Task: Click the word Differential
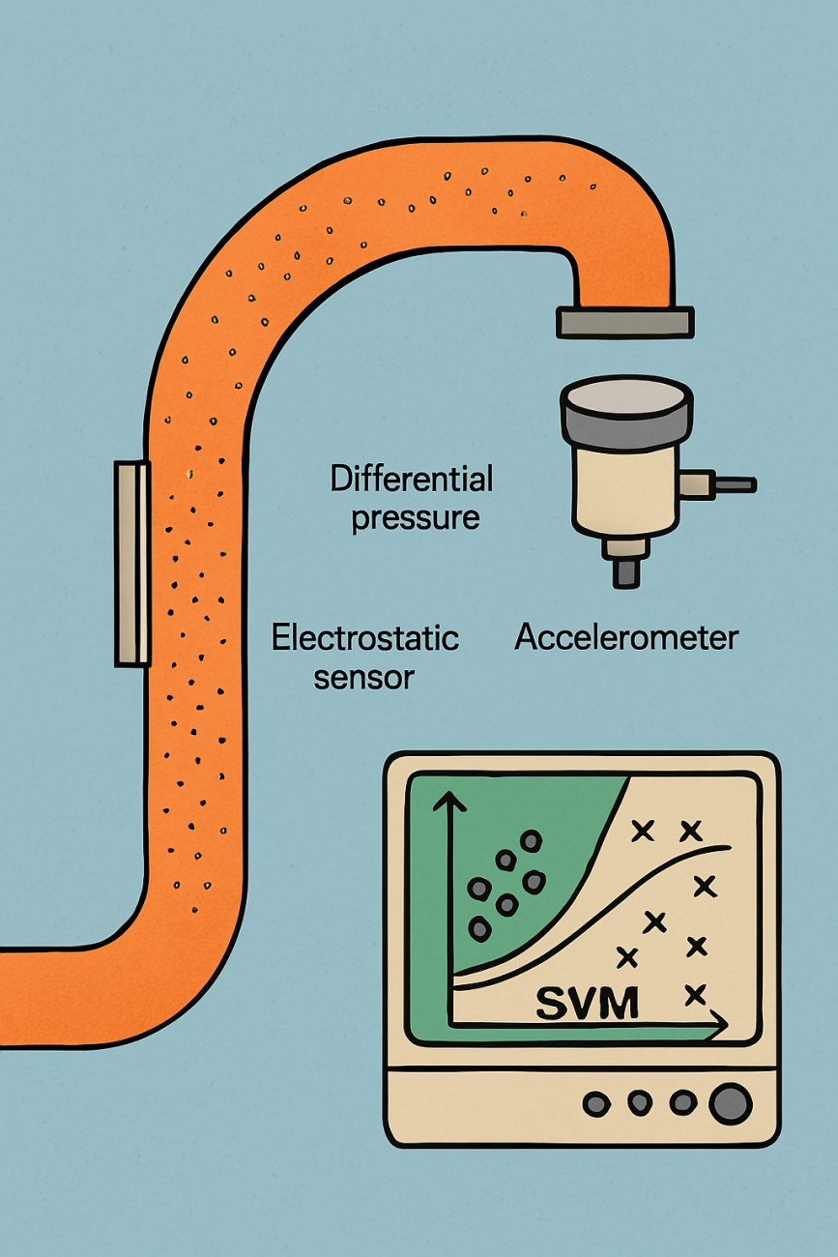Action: point(412,479)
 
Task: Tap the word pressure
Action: point(416,517)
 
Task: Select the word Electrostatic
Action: point(365,638)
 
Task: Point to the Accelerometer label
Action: point(626,637)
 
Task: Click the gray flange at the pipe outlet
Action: point(624,322)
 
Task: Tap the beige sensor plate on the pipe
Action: point(132,564)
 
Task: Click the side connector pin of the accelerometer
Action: point(734,482)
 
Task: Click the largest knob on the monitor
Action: point(730,1103)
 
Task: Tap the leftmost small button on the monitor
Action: point(596,1102)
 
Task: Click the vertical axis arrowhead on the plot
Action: point(448,801)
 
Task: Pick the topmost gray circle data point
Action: point(531,841)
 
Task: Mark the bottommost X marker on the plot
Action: point(694,994)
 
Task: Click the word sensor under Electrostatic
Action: point(364,677)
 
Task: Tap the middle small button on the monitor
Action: point(640,1102)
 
